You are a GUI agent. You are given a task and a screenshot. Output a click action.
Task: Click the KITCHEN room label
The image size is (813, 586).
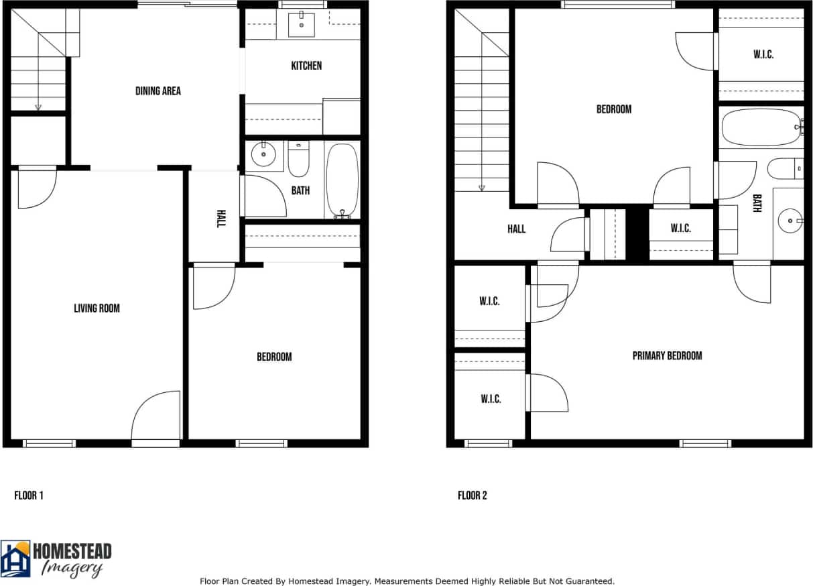(306, 66)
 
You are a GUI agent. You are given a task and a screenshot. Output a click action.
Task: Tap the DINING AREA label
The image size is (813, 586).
(158, 91)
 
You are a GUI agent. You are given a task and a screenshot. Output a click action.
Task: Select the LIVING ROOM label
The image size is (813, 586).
(97, 308)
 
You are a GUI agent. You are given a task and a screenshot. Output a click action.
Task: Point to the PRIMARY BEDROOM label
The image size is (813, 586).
(667, 355)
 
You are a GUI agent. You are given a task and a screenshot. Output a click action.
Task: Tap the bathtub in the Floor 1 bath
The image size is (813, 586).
(342, 180)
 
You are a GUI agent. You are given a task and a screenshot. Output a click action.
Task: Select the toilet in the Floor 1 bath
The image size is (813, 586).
(299, 161)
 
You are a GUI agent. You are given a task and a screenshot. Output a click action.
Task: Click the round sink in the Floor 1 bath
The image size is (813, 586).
(263, 156)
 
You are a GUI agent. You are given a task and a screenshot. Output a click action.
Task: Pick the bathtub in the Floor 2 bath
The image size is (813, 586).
(760, 127)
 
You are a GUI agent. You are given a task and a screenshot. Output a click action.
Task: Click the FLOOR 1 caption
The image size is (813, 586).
(29, 495)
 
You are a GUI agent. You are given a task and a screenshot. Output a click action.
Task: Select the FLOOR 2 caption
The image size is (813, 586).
(473, 495)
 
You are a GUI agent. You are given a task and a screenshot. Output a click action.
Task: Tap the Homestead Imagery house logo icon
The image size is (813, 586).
(15, 559)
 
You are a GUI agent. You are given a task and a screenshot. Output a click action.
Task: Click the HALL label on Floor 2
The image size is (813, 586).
(516, 229)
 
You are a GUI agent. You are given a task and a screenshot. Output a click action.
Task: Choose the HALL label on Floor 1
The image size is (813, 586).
(221, 219)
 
